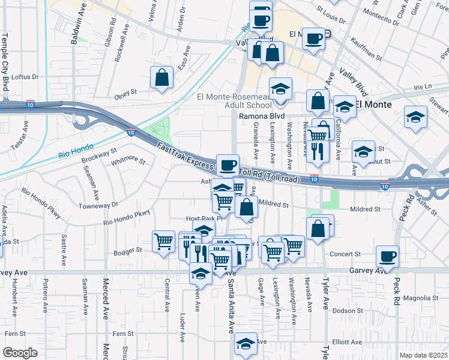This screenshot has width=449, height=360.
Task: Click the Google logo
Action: [x=20, y=353]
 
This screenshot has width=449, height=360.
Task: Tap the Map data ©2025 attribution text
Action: [x=423, y=355]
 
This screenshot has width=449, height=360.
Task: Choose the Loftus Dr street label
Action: [x=25, y=77]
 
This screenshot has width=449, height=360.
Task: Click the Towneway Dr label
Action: [x=98, y=205]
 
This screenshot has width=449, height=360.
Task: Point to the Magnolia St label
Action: [x=421, y=298]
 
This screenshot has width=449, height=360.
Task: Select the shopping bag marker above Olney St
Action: [x=162, y=77]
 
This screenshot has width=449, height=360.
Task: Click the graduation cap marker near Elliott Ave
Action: [x=246, y=343]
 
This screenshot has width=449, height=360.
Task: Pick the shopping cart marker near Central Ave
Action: [x=163, y=241]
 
